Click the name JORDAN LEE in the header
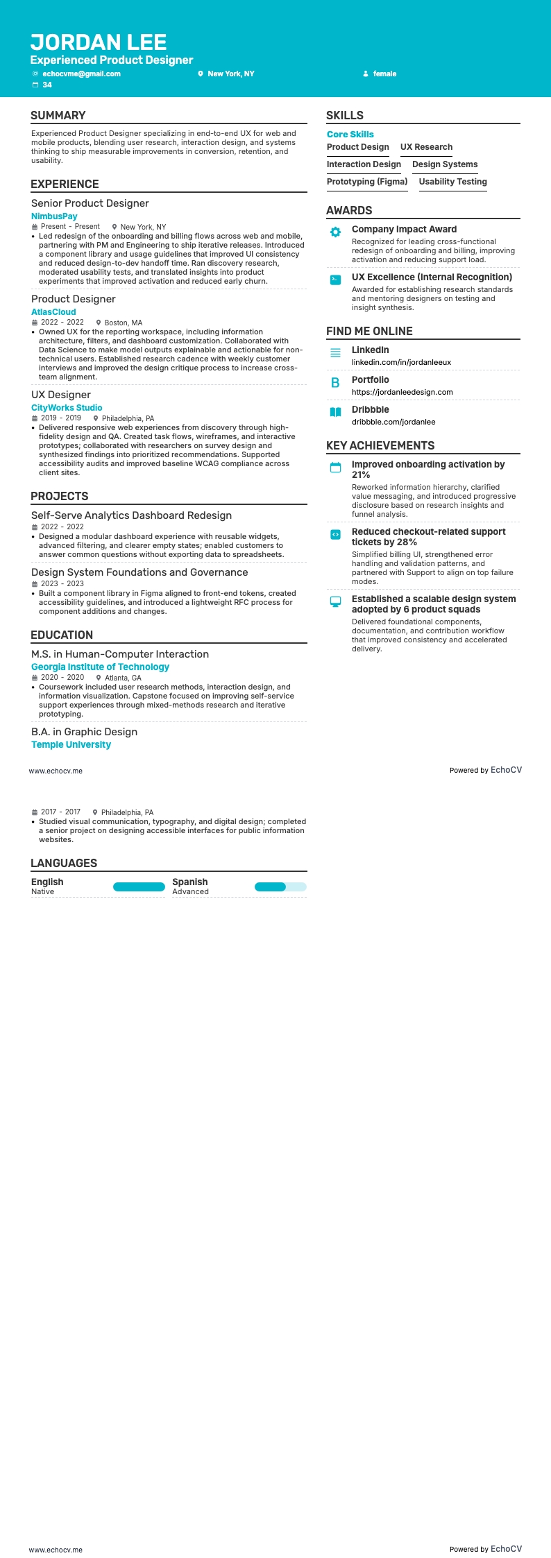(99, 42)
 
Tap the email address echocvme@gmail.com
(81, 74)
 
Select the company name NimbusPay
(54, 216)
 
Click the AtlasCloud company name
(53, 312)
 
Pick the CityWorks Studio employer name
(67, 408)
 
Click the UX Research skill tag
(426, 147)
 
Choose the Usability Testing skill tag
(452, 182)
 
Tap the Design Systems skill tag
(445, 164)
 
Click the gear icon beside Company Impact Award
(335, 232)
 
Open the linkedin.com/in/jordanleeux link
(401, 362)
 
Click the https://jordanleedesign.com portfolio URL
(402, 392)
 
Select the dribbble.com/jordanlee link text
(393, 422)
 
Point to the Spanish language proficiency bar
(280, 887)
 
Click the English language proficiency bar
(139, 887)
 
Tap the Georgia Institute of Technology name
(100, 667)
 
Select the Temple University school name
(71, 745)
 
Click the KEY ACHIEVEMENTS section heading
(380, 446)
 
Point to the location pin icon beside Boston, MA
(99, 323)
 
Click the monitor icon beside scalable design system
(335, 601)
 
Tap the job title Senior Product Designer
(90, 203)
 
